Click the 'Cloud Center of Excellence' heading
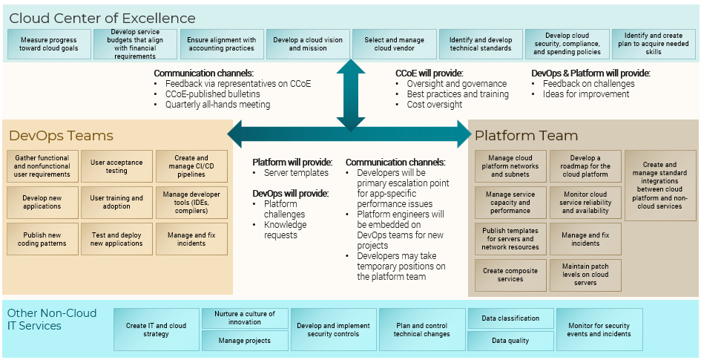[x=102, y=19]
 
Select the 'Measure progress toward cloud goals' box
[x=49, y=45]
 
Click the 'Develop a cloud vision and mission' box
[x=307, y=45]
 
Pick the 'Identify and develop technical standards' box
[x=480, y=45]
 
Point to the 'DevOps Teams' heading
[x=62, y=136]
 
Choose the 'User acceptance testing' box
[x=116, y=166]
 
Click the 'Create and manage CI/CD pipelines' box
[x=191, y=166]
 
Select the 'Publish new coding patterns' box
[x=42, y=239]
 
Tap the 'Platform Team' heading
[x=526, y=136]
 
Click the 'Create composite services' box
[x=510, y=275]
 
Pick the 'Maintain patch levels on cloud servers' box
[x=585, y=275]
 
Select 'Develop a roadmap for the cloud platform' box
[x=585, y=166]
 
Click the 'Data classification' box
[x=510, y=318]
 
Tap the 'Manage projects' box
[x=245, y=341]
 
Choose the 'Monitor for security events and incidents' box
[x=599, y=330]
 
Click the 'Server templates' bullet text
[x=296, y=173]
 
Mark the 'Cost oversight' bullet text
[x=435, y=105]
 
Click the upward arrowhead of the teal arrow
[x=351, y=68]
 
